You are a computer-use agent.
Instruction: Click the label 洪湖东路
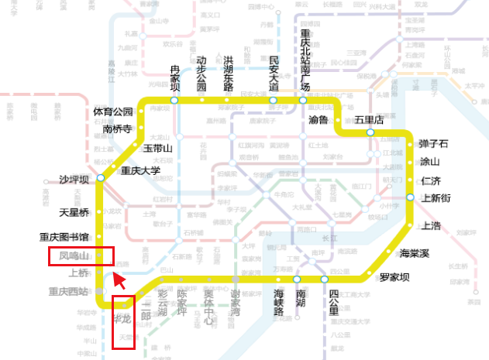[228, 72]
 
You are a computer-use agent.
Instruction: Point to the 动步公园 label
[201, 72]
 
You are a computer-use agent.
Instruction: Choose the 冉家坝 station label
[174, 77]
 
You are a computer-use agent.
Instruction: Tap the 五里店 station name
[370, 120]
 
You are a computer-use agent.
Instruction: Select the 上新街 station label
[436, 198]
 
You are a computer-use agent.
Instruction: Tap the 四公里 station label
[333, 303]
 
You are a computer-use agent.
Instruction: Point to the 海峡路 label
[278, 303]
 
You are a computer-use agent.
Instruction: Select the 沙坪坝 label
[75, 180]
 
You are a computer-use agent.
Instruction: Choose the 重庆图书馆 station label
[64, 237]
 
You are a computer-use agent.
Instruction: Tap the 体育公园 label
[113, 112]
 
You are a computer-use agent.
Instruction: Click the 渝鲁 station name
[319, 120]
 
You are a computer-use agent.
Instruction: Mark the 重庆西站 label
[69, 292]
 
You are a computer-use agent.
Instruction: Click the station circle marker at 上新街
[410, 198]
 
